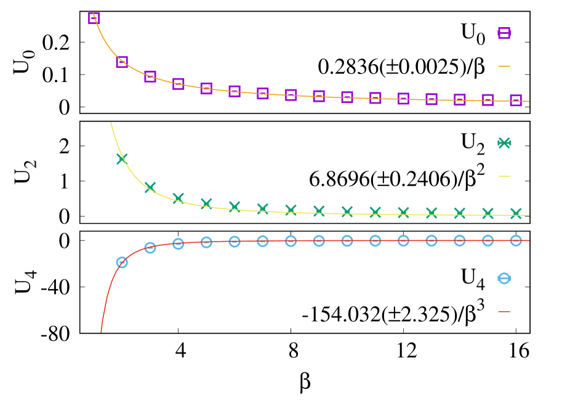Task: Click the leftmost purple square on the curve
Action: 94,18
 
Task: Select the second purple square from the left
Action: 122,62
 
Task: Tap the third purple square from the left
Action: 150,76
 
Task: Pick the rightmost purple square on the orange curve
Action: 516,100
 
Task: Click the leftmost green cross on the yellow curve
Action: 122,158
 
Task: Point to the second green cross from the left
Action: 150,187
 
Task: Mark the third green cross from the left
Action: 178,198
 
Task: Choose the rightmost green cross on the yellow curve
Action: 516,213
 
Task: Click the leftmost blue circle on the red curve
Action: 122,262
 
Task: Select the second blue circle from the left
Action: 150,247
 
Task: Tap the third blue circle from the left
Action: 178,243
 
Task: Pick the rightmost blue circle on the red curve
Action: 516,240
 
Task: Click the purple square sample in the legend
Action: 504,33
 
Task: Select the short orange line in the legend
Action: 504,66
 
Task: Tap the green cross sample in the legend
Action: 504,143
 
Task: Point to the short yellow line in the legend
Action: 504,176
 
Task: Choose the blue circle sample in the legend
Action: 504,278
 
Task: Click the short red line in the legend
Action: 504,311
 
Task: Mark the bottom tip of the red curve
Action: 101,332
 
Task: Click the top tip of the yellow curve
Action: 111,122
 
